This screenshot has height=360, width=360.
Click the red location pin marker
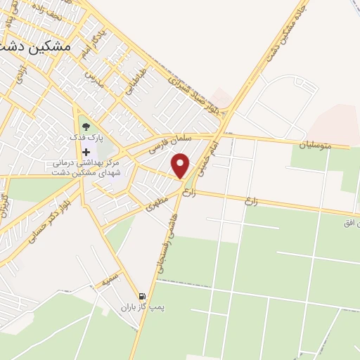[x=181, y=165]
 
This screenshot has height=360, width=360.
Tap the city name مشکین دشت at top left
[x=38, y=46]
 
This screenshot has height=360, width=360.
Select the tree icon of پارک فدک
[x=86, y=127]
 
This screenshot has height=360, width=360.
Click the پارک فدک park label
[x=86, y=139]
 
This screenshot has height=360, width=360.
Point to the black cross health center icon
[x=86, y=152]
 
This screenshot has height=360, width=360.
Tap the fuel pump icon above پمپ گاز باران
[x=143, y=297]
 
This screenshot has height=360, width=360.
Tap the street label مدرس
[x=93, y=79]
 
